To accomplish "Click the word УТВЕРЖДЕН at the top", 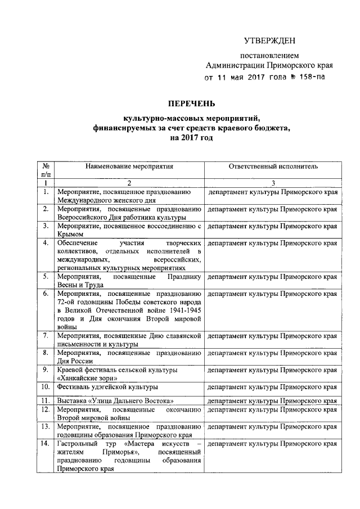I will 269,40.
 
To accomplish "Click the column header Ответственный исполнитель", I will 273,167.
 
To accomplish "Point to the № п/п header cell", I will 45,171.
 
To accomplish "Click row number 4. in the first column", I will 45,244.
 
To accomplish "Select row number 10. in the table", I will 45,387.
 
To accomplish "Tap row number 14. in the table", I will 45,444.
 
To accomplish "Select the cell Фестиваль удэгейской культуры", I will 107,387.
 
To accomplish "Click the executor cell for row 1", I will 273,193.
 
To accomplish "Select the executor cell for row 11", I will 273,400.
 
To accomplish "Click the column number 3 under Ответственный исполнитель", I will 273,183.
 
